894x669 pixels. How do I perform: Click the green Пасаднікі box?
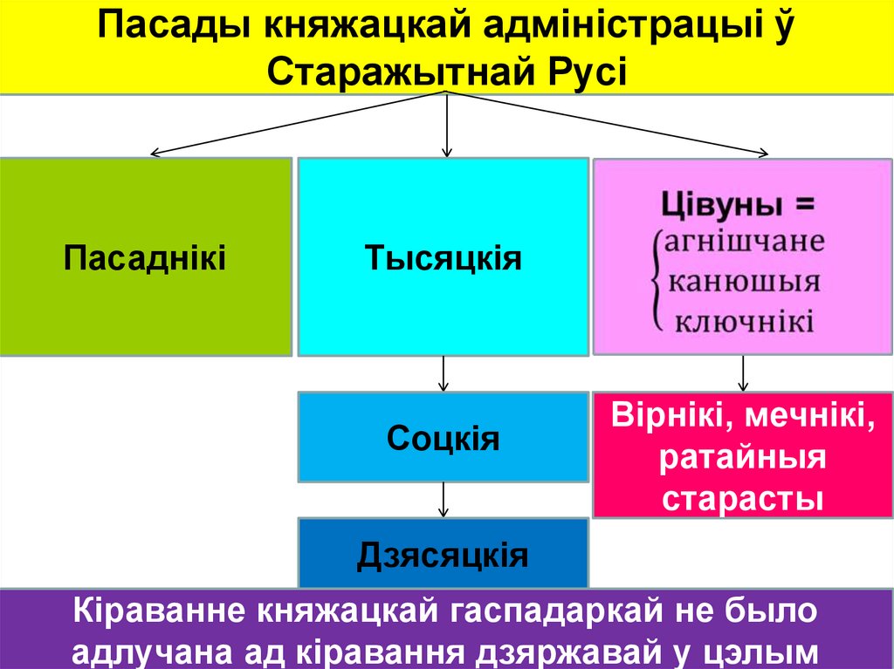pos(145,257)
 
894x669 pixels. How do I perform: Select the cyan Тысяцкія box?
pos(443,257)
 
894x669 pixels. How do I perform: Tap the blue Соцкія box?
pos(443,437)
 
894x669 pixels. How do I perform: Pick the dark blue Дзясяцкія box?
pos(443,554)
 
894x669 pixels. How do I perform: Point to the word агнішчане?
pos(745,241)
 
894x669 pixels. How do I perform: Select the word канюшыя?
pos(744,281)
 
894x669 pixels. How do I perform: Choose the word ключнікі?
pos(745,321)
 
